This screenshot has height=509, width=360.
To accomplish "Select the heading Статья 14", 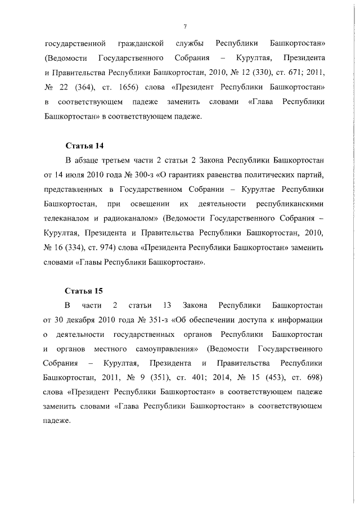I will (x=84, y=145).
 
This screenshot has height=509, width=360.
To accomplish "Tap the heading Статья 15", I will (x=84, y=290).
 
